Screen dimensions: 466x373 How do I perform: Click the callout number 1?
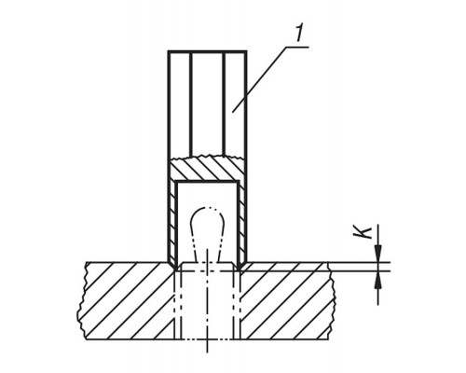(298, 35)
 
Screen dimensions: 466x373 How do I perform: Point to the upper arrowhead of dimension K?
(378, 254)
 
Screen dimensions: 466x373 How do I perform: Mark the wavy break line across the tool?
(207, 157)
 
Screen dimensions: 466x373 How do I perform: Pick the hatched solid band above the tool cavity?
(207, 170)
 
